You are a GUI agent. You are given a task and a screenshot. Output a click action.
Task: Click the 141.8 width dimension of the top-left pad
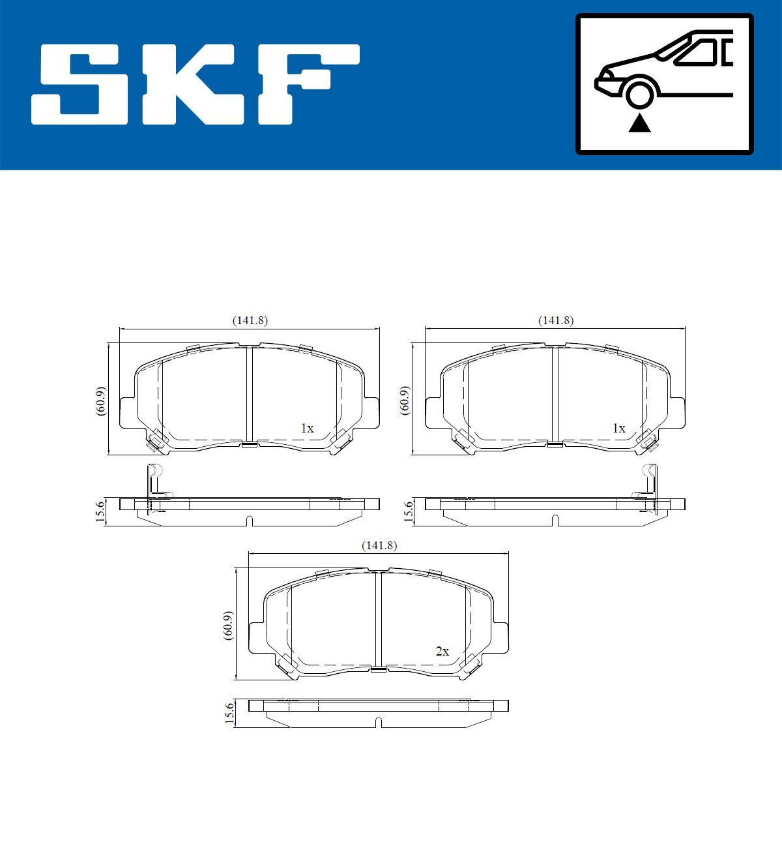250,320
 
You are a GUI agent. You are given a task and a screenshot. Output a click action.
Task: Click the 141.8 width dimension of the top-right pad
555,320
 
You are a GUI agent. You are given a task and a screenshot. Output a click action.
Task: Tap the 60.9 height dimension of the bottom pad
228,626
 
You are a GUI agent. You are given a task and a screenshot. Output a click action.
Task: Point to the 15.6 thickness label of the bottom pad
229,712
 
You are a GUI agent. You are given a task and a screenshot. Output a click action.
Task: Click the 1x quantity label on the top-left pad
307,429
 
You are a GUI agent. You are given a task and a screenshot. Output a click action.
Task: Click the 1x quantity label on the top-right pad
618,429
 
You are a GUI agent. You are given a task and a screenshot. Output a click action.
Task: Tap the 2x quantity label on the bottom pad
442,651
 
